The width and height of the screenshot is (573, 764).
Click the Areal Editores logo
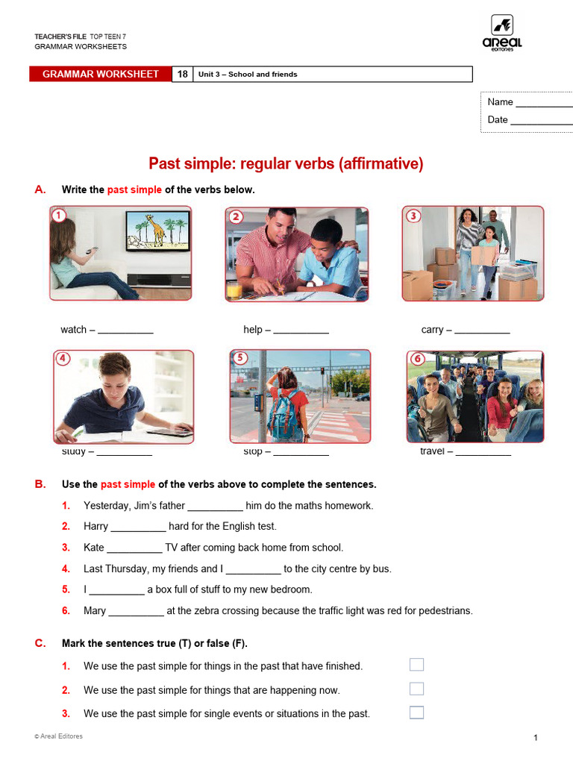point(501,33)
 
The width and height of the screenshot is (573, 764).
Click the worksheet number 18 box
point(182,74)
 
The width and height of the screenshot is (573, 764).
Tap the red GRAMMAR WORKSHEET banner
point(101,74)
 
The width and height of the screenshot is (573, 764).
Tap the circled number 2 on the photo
point(236,217)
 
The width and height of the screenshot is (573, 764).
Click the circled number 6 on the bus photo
point(418,359)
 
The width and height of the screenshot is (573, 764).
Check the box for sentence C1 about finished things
point(416,665)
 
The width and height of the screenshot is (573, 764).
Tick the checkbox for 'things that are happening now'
point(416,689)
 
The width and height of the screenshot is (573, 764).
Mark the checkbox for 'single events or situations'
point(416,713)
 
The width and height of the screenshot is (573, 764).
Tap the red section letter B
point(40,484)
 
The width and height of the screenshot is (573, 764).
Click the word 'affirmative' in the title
point(381,163)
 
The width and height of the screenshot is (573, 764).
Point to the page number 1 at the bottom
point(536,738)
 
